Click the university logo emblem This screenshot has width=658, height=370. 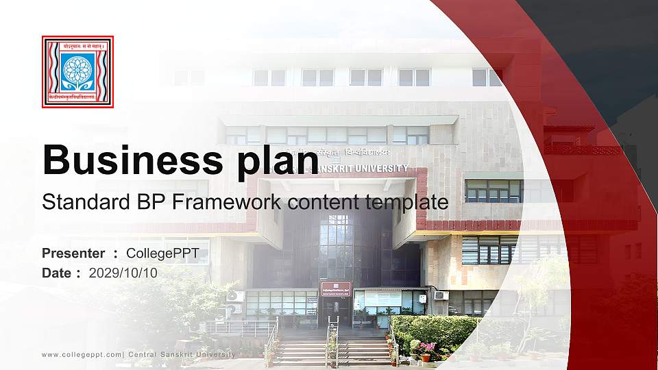pos(77,72)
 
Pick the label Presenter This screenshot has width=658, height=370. pos(73,254)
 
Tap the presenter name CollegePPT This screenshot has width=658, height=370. pos(162,254)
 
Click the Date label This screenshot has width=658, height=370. pos(57,273)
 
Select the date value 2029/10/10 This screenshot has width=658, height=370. pos(123,273)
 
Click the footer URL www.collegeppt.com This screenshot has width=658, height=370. pos(82,354)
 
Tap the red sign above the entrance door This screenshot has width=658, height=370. pos(335,288)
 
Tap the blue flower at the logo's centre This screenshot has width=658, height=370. pos(77,69)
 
